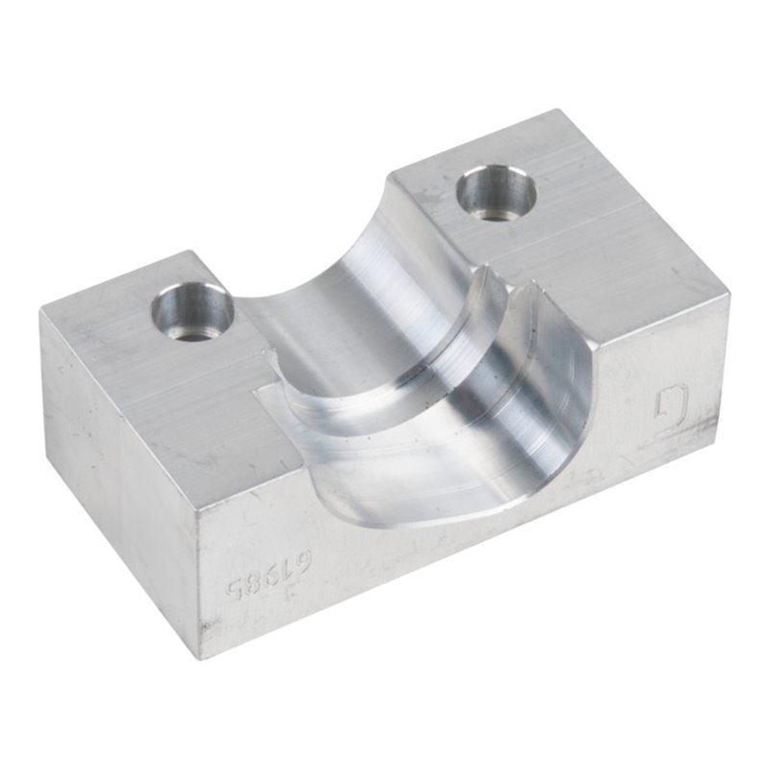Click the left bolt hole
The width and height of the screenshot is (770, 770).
(192, 311)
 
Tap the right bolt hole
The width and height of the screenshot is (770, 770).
(496, 192)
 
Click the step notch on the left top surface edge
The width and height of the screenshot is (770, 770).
(258, 393)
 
